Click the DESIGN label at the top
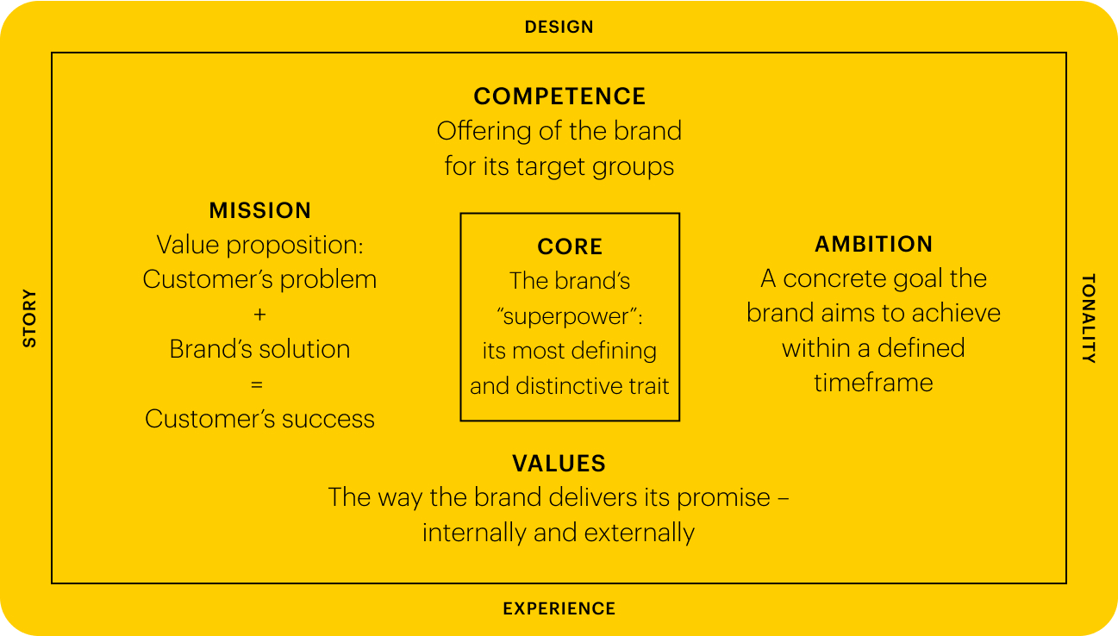pos(559,27)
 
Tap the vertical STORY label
pos(30,318)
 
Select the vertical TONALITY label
pos(1089,318)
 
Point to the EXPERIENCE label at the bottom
pos(559,608)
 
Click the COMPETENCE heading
pos(559,97)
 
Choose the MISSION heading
pos(260,210)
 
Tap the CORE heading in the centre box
pos(570,246)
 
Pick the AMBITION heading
pos(873,244)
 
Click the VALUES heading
pos(559,464)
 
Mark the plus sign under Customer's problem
pos(259,315)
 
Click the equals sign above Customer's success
pos(257,384)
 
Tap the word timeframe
pos(873,383)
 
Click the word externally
pos(640,533)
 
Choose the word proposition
pos(295,246)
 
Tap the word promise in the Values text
pos(724,498)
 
